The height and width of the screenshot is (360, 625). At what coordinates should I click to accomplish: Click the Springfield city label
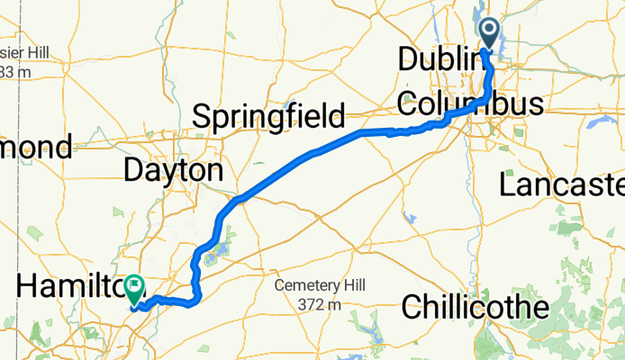[x=269, y=117]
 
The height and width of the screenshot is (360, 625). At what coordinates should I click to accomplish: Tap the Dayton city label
[x=172, y=170]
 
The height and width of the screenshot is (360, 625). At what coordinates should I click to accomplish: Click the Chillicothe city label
[x=487, y=307]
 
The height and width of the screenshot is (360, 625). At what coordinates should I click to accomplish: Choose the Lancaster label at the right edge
[x=563, y=185]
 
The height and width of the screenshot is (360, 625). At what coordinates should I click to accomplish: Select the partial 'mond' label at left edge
[x=36, y=147]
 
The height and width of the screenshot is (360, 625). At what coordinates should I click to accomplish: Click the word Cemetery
[x=305, y=286]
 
